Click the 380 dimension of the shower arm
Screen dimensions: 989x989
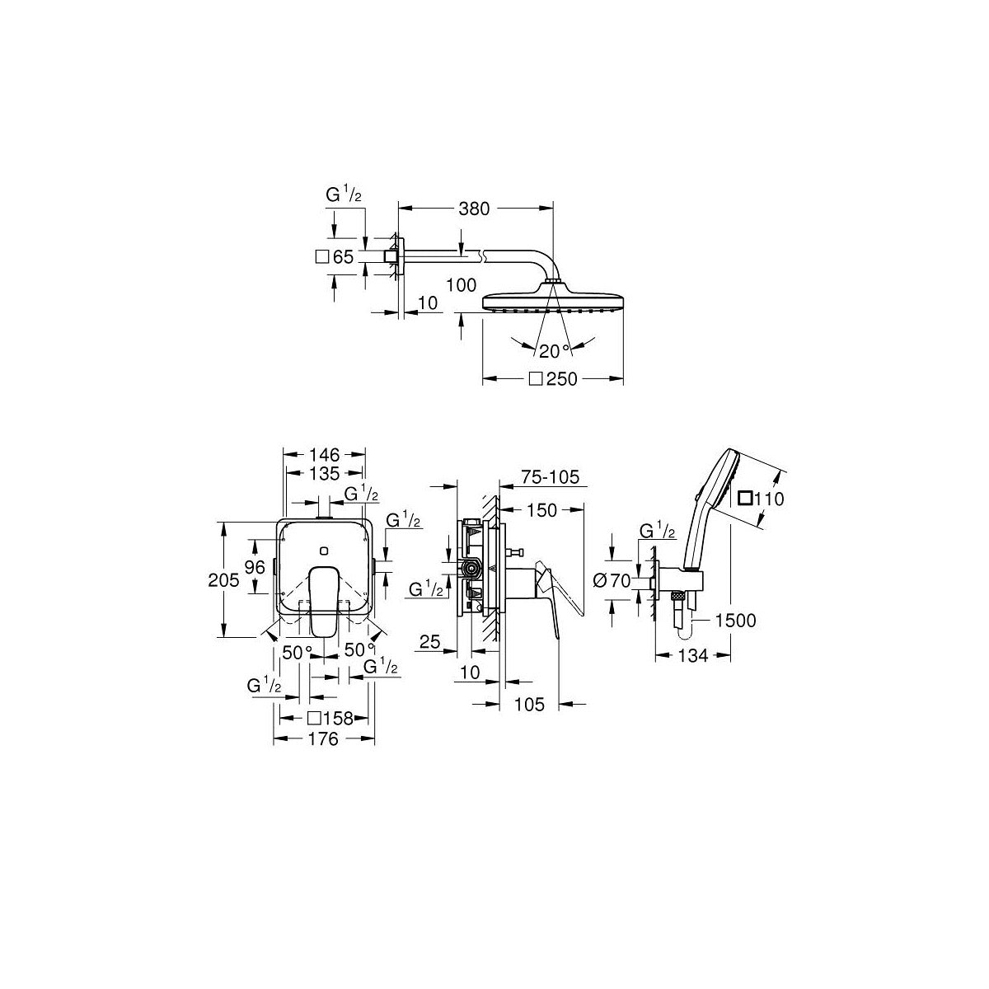point(475,209)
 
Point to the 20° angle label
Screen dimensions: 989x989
point(554,351)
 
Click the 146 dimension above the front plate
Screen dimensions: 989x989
point(324,454)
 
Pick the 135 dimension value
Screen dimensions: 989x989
point(324,473)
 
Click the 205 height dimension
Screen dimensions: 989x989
point(225,580)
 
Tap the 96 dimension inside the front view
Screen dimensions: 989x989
point(255,567)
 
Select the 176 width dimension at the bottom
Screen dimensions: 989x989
point(323,739)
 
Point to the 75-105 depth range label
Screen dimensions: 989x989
point(551,476)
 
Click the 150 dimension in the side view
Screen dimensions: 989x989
point(541,511)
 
